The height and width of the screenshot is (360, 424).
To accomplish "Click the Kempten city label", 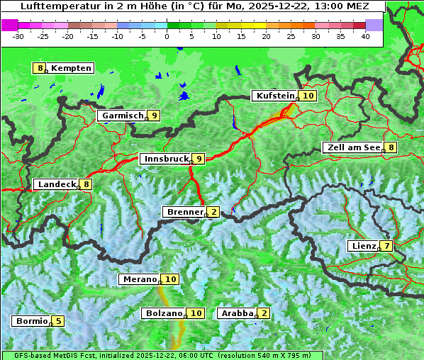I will (72, 68).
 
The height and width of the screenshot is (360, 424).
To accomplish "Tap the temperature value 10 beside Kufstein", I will (308, 96).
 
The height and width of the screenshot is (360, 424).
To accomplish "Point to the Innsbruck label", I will (166, 159).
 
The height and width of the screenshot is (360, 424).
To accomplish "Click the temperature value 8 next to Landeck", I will (87, 184).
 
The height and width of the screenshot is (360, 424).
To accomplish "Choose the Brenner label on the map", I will (184, 212).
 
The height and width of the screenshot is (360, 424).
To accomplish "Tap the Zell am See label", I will (352, 147).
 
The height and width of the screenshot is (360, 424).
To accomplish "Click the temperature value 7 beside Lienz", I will (385, 246).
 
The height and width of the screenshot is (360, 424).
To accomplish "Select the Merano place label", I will (139, 279).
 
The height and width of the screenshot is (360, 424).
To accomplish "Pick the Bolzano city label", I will (164, 313).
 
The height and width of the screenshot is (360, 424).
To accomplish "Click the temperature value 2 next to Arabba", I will (264, 313).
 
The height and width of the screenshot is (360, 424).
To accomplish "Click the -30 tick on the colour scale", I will (18, 35).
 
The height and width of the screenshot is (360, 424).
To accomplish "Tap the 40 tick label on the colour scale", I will (365, 35).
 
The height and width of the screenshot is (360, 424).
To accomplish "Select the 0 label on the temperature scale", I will (167, 35).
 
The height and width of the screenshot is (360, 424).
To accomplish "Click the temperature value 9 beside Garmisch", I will (154, 116).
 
